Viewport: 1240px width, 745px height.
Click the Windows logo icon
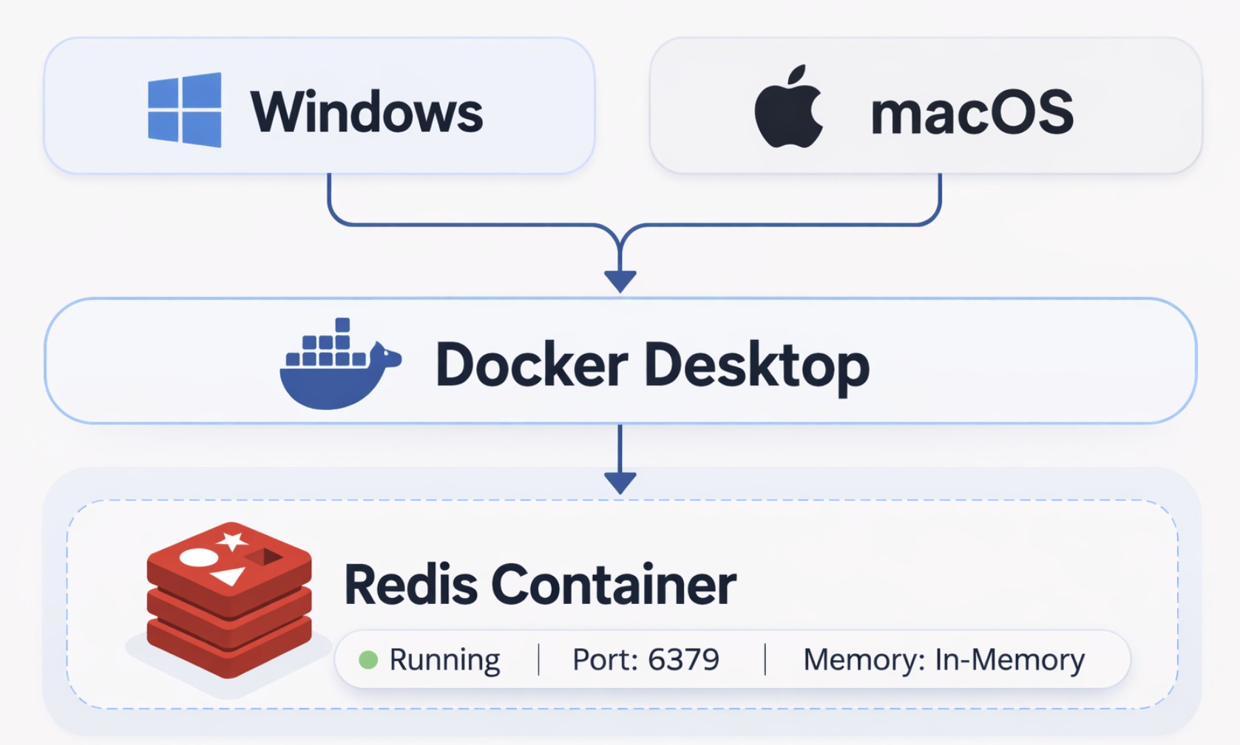pos(185,109)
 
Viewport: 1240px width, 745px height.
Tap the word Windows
pos(367,112)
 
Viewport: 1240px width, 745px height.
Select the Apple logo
pos(788,107)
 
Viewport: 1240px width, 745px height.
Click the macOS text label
pos(972,112)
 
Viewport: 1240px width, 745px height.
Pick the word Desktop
pos(756,366)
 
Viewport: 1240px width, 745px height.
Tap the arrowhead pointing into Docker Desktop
pos(620,281)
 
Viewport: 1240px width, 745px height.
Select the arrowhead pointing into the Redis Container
pos(620,483)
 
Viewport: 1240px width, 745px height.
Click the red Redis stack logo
pos(229,599)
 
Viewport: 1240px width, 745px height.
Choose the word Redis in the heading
pos(410,585)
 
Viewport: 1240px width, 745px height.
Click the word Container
pos(614,585)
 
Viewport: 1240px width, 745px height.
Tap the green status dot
pos(368,659)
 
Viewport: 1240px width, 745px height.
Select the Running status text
pos(444,659)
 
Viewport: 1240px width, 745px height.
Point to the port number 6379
pos(683,659)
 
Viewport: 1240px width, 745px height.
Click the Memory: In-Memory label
pos(943,659)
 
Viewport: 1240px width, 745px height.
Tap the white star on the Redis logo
pos(233,541)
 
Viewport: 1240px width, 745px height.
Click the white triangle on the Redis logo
pos(228,575)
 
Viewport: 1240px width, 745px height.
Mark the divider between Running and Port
pos(538,659)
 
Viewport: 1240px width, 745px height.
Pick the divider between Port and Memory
pos(765,659)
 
